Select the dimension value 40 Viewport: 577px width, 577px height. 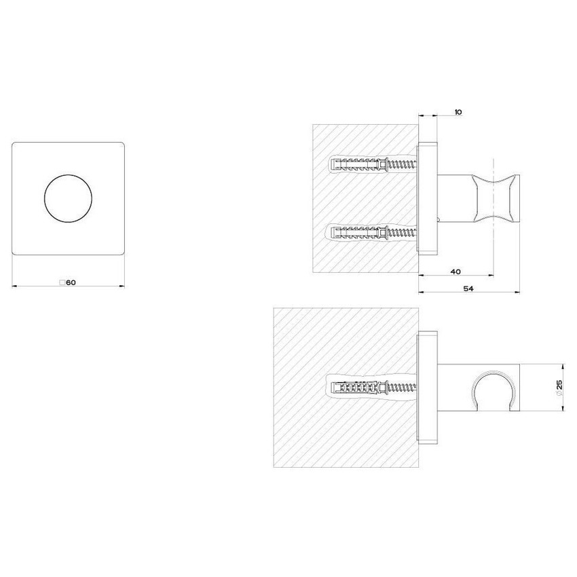click(455, 272)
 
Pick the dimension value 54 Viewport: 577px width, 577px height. click(469, 288)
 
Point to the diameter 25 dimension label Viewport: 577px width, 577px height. click(558, 388)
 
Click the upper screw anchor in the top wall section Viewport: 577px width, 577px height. click(369, 165)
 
